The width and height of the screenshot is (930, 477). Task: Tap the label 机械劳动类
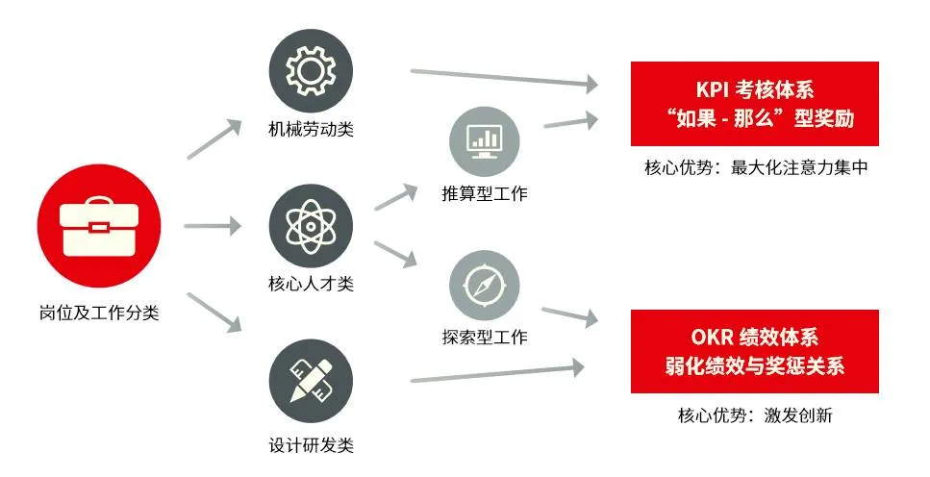tap(311, 129)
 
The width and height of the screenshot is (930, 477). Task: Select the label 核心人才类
tap(311, 283)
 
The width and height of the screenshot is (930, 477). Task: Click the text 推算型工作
tap(484, 194)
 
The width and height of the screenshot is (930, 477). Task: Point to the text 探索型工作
tap(484, 338)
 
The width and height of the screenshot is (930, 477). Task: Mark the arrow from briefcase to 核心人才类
tap(212, 227)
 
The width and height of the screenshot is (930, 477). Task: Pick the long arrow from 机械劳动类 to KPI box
tap(504, 79)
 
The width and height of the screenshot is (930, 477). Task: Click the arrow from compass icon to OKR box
tap(570, 315)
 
